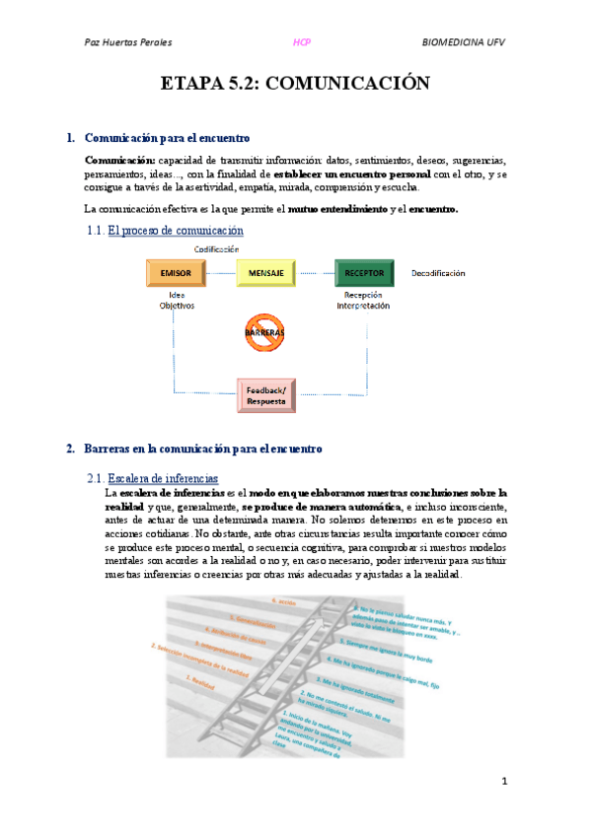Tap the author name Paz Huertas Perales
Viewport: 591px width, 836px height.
[129, 42]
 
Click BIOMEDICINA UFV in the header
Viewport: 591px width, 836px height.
[464, 42]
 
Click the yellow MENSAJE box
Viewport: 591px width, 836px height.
[265, 271]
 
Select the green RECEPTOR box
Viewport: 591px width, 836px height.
[364, 271]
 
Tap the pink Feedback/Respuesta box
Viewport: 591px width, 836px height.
[266, 395]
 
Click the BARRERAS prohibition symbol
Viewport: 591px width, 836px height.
[264, 332]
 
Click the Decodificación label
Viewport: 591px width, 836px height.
[438, 272]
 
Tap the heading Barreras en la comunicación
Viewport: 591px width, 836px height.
[203, 449]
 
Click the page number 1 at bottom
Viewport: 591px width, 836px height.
[504, 781]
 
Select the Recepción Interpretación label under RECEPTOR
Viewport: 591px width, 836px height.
[362, 300]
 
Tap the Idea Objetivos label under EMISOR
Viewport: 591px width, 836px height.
[178, 300]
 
